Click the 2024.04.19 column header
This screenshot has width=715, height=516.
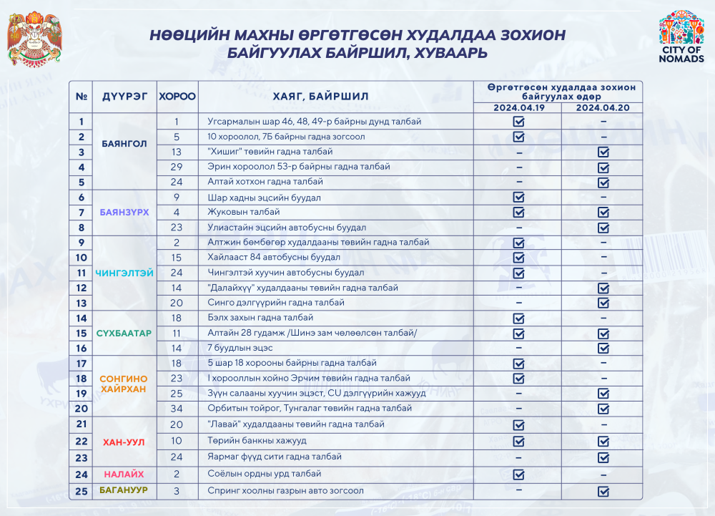tap(518, 108)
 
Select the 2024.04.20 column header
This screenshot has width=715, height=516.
tap(603, 108)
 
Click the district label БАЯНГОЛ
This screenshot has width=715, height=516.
tap(124, 144)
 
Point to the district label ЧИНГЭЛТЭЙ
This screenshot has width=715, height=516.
tap(124, 273)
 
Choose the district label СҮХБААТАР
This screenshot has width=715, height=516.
tap(124, 334)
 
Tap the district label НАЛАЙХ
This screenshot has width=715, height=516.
tap(124, 474)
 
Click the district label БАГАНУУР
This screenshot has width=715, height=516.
tap(124, 491)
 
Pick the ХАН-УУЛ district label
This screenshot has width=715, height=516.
tap(124, 442)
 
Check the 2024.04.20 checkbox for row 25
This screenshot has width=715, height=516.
tap(603, 492)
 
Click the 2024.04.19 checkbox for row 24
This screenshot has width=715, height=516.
tap(518, 474)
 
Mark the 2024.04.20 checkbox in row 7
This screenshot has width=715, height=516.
tap(603, 213)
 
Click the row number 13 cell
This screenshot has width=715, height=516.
tap(82, 303)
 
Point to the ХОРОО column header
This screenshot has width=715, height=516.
tap(177, 96)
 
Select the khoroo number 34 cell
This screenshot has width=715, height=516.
tap(177, 408)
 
